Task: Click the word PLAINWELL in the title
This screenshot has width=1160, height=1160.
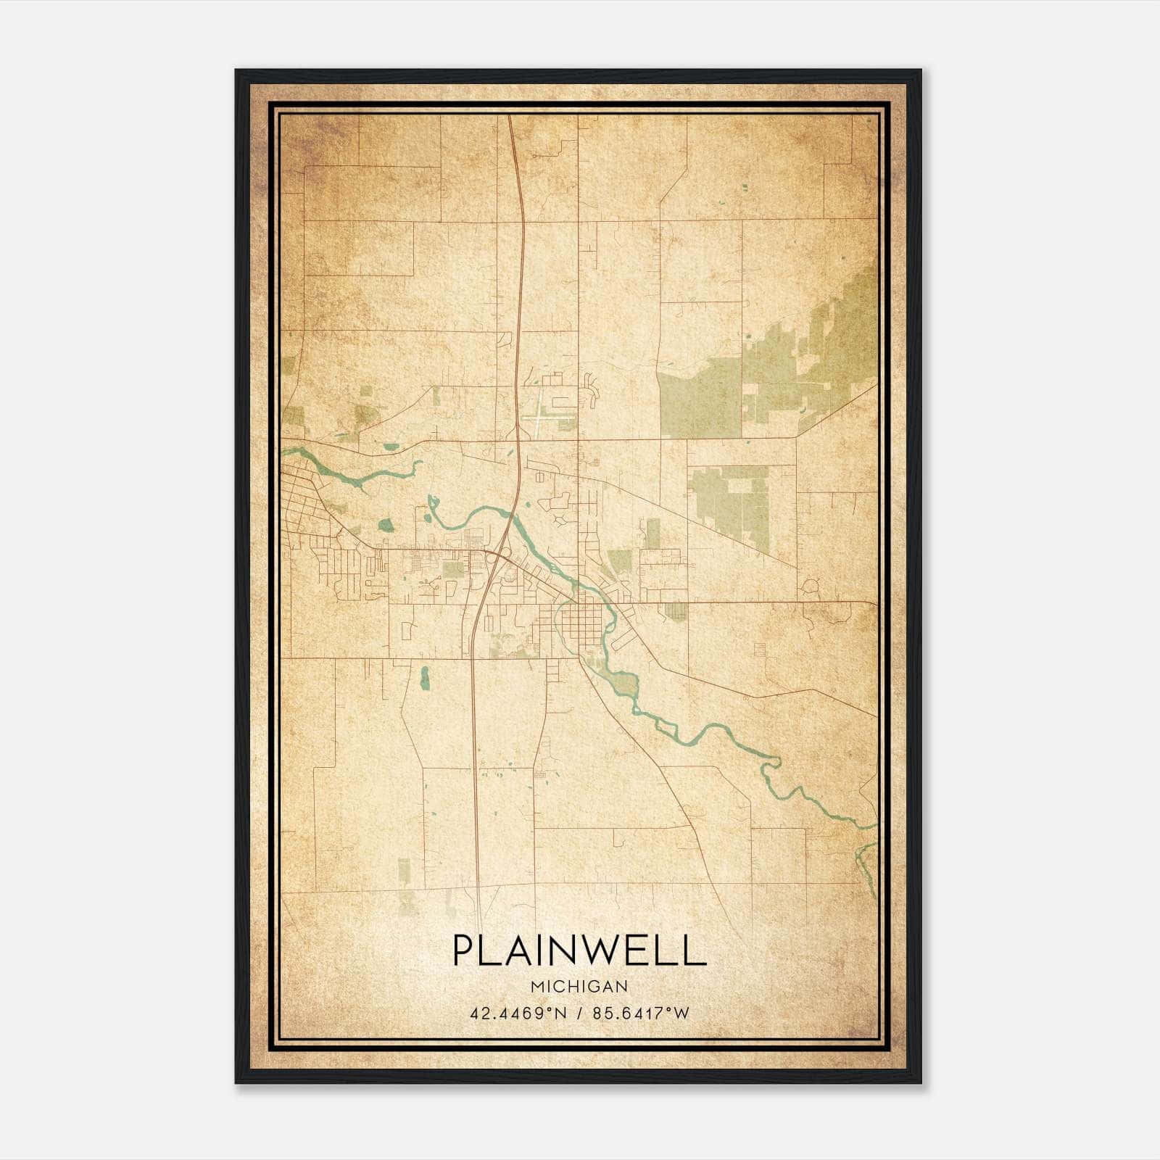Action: click(579, 950)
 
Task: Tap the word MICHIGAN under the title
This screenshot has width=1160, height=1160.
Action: click(579, 986)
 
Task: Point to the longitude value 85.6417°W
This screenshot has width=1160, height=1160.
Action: click(641, 1013)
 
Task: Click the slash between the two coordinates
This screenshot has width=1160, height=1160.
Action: click(578, 1013)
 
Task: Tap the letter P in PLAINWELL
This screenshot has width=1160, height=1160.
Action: click(464, 950)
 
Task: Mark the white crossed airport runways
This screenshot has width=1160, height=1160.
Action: click(542, 417)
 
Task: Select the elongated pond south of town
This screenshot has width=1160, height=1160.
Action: click(425, 678)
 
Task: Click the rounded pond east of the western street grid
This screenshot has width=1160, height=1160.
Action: click(386, 524)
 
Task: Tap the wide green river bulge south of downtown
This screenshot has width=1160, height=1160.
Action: click(623, 683)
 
